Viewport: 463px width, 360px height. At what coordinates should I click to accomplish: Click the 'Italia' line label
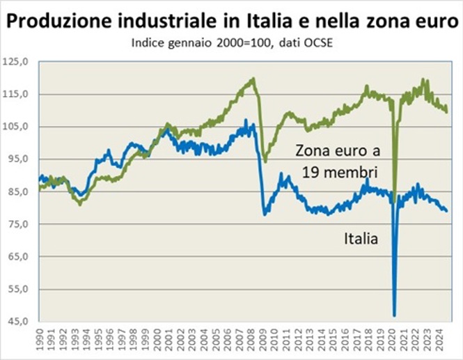(361, 240)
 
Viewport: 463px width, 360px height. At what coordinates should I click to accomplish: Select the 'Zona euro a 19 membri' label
(336, 161)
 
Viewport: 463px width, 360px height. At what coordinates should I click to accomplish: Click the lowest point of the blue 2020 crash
(394, 315)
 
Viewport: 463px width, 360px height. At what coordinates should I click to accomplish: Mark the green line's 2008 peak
(252, 79)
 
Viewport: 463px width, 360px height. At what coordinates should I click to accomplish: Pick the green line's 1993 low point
(80, 204)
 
